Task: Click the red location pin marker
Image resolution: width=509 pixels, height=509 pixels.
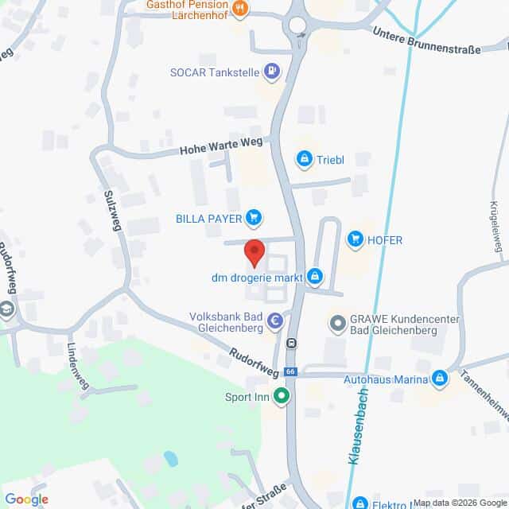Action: pyautogui.click(x=254, y=252)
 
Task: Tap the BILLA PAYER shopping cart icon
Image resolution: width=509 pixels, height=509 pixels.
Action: pyautogui.click(x=254, y=216)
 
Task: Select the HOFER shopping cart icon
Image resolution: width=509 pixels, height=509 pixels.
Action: pyautogui.click(x=355, y=239)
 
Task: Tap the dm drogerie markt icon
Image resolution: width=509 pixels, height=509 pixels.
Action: pyautogui.click(x=316, y=277)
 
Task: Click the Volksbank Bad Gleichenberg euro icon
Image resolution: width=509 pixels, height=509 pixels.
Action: pyautogui.click(x=275, y=322)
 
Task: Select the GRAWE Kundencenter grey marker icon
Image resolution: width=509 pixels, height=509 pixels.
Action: pyautogui.click(x=337, y=324)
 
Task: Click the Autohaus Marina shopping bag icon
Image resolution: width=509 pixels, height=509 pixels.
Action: pyautogui.click(x=439, y=379)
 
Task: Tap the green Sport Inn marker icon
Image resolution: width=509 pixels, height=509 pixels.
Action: pyautogui.click(x=281, y=395)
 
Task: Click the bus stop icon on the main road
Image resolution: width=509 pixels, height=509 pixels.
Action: pyautogui.click(x=292, y=344)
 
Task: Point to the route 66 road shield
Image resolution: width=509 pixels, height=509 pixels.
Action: pyautogui.click(x=291, y=371)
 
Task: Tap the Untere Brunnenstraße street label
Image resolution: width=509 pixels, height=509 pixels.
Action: pyautogui.click(x=427, y=41)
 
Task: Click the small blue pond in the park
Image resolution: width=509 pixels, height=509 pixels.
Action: pyautogui.click(x=170, y=459)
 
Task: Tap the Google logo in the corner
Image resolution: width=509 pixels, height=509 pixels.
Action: pyautogui.click(x=25, y=499)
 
